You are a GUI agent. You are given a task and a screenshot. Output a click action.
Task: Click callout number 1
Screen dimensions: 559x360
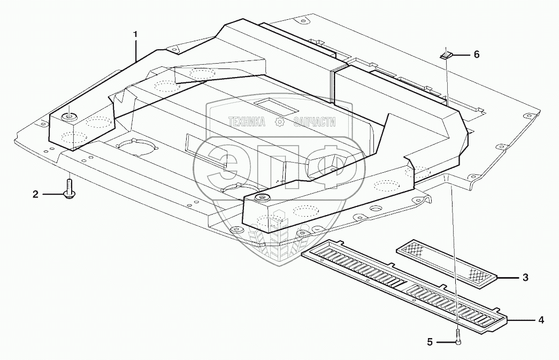pos(136,35)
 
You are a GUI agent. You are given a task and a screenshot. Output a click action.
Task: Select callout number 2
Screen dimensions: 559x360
pos(36,195)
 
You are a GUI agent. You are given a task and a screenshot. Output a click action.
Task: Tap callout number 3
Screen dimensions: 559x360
pos(525,278)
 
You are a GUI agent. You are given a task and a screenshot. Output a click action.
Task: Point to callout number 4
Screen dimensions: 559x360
pos(541,320)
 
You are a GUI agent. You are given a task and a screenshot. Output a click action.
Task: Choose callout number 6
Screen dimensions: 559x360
pos(477,55)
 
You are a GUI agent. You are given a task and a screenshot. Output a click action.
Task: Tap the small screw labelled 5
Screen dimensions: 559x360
pos(458,338)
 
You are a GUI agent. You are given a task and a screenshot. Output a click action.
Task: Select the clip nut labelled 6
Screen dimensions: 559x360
pos(446,54)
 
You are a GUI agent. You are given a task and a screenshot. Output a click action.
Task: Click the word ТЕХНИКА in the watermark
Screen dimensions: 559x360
pos(247,122)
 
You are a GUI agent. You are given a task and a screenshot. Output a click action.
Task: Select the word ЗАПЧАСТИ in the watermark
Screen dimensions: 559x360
pos(315,122)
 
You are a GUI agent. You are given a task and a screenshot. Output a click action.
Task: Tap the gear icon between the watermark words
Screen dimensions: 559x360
pos(279,122)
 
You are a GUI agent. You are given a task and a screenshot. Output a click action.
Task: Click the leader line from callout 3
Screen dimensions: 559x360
pos(509,278)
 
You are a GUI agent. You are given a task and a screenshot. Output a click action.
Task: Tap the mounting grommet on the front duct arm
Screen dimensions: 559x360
pos(262,199)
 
